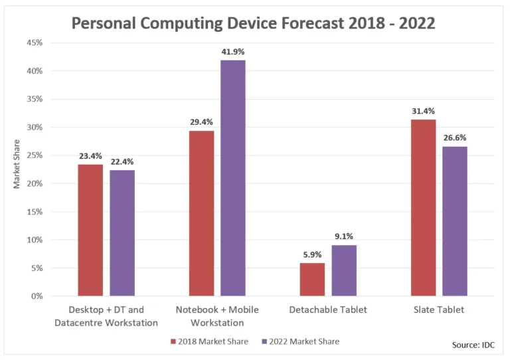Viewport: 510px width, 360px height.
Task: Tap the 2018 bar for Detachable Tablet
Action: (312, 279)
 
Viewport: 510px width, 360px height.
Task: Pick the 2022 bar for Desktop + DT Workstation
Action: (122, 232)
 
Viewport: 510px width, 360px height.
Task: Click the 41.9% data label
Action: (233, 51)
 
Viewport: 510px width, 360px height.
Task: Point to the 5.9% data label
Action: (312, 254)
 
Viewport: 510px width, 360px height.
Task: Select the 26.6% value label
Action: (455, 138)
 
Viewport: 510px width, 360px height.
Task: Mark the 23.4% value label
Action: (90, 156)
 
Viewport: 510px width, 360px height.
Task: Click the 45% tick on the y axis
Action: (35, 43)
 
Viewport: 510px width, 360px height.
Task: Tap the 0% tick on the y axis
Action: (37, 296)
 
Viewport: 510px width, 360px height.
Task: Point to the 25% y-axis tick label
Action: (35, 155)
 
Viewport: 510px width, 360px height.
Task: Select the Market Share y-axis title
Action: (17, 164)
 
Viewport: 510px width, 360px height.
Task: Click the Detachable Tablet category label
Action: (328, 310)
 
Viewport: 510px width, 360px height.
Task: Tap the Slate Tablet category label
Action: (439, 310)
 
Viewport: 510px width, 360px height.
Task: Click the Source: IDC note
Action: (473, 345)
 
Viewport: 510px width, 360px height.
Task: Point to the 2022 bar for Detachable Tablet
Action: (344, 270)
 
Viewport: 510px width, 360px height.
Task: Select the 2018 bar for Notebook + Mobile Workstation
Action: (201, 213)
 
